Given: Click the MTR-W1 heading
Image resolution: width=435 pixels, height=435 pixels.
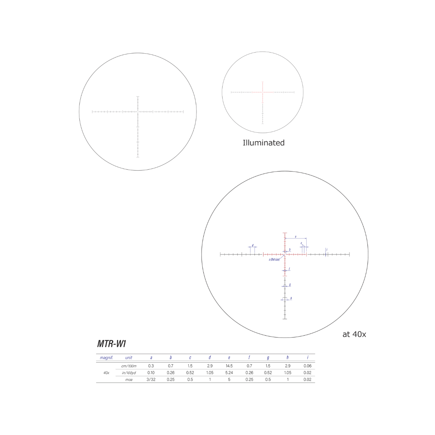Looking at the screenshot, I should [x=111, y=344].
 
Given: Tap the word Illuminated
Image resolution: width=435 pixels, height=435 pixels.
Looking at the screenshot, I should [x=264, y=143].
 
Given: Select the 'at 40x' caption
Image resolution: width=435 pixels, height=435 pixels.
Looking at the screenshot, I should [x=354, y=334].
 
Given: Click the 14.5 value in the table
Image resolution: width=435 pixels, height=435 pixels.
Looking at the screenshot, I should [x=229, y=366].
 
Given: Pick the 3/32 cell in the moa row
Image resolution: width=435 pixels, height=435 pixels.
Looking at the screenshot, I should [x=151, y=380].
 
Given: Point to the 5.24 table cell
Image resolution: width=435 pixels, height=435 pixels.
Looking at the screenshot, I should [x=229, y=373].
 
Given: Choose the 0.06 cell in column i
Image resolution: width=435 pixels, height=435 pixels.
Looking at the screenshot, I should [x=307, y=366].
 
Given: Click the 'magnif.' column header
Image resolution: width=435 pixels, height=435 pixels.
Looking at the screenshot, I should [x=106, y=358].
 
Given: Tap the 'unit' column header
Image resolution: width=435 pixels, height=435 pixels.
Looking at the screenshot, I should [x=129, y=358].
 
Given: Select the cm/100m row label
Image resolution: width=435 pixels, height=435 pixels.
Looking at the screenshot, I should [x=129, y=366].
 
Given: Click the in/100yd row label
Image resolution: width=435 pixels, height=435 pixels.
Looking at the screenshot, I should [x=129, y=373].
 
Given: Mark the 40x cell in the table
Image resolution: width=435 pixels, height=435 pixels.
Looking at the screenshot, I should [x=106, y=373].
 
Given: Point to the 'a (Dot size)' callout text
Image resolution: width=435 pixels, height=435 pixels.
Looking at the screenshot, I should [x=274, y=260].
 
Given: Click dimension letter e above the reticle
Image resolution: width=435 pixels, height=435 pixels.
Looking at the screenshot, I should [x=295, y=237].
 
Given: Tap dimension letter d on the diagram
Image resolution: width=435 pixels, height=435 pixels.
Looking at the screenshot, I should [x=252, y=245].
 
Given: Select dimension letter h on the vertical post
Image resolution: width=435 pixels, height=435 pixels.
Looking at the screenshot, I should [x=291, y=298].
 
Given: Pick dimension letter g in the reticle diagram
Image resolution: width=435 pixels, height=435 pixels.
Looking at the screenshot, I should [x=290, y=285].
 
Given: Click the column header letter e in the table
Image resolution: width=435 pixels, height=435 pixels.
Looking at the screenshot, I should [x=229, y=358].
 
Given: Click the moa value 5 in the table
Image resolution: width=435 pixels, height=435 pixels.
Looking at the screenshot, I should [x=229, y=380].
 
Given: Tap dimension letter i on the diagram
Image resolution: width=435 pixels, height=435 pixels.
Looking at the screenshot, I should [x=327, y=250].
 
